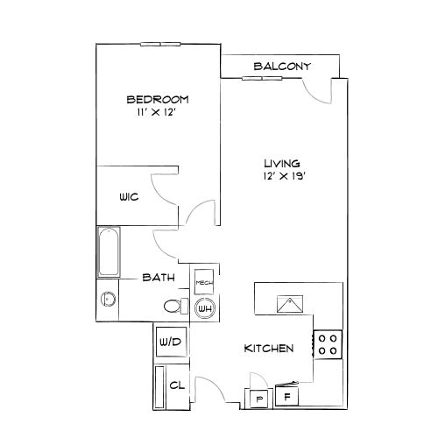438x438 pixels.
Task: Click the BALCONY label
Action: pyautogui.click(x=277, y=67)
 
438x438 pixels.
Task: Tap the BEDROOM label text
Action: pyautogui.click(x=158, y=98)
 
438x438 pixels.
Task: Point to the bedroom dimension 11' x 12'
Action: pyautogui.click(x=158, y=113)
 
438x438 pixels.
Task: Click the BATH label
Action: pyautogui.click(x=159, y=278)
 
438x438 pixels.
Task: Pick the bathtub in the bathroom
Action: pyautogui.click(x=109, y=252)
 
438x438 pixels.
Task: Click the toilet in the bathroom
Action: pyautogui.click(x=174, y=306)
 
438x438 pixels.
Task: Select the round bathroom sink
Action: pyautogui.click(x=109, y=298)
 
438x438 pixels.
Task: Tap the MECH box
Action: pyautogui.click(x=204, y=282)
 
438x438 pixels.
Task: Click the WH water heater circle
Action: pyautogui.click(x=205, y=307)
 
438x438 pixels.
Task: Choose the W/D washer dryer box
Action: pyautogui.click(x=169, y=341)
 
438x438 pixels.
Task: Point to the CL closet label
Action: pyautogui.click(x=175, y=385)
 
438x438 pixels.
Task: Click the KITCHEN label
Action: pyautogui.click(x=267, y=349)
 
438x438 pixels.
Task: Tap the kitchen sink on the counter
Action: pyautogui.click(x=288, y=304)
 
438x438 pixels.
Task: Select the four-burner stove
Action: pyautogui.click(x=328, y=343)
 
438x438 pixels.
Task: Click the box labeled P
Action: pyautogui.click(x=259, y=399)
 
